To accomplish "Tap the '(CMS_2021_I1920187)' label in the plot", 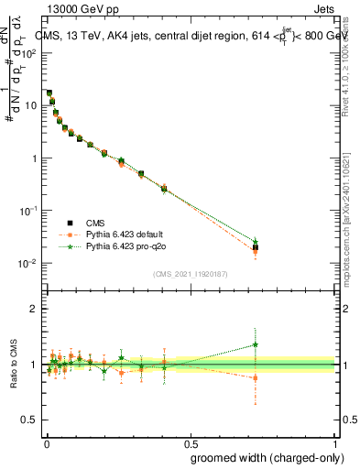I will point(190,273).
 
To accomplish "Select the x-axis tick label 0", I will point(46,441).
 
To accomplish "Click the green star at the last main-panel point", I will point(256,242).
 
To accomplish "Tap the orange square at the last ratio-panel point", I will point(256,377).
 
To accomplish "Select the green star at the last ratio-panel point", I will point(256,345).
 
